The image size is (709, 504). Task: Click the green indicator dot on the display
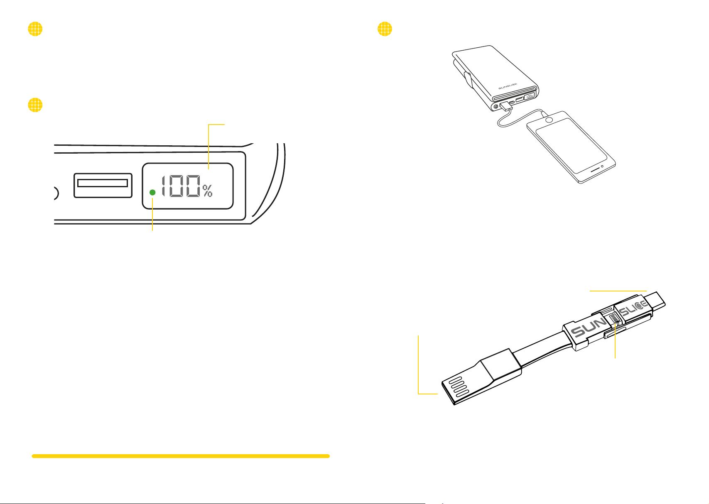(152, 192)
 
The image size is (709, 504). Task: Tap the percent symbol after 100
(208, 191)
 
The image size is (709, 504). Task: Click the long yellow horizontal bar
(181, 456)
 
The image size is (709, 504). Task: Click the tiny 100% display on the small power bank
(530, 97)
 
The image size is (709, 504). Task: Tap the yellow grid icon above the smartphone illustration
(385, 29)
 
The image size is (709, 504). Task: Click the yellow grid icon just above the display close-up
(35, 105)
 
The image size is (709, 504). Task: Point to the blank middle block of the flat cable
(500, 365)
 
